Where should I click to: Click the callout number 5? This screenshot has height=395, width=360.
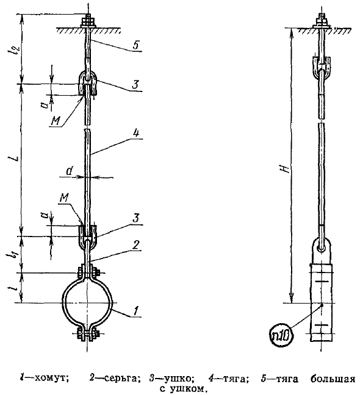point(136,45)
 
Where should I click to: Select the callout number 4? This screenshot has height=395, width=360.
point(136,133)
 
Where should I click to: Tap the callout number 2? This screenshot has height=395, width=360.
point(136,244)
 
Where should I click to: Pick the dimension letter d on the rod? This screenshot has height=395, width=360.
point(70,171)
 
